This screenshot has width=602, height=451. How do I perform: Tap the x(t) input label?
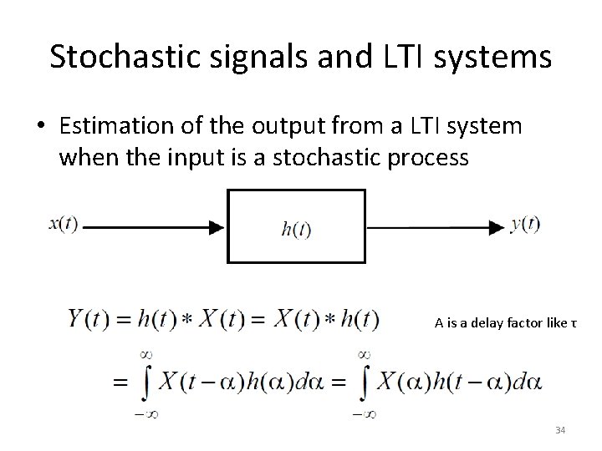pos(62,225)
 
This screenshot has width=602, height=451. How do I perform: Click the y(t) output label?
pos(525,225)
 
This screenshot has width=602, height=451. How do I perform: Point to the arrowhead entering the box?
pos(217,226)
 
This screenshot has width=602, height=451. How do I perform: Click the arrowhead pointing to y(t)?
pos(498,226)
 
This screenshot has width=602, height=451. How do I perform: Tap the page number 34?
pos(560,430)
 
